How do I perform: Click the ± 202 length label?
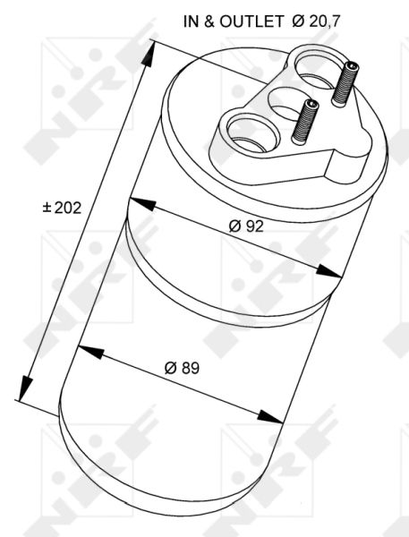click(62, 208)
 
